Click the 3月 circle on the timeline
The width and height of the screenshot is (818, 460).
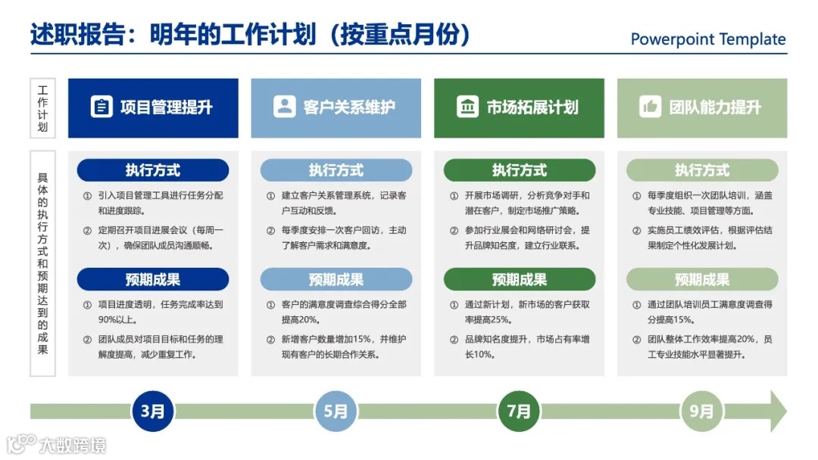[x=153, y=412]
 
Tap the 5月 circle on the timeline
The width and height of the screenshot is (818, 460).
[x=336, y=412]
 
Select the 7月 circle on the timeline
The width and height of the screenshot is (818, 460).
[x=519, y=412]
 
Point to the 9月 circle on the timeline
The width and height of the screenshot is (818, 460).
[x=701, y=412]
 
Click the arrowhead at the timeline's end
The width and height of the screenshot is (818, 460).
[x=776, y=412]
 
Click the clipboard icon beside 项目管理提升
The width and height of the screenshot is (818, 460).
[x=101, y=107]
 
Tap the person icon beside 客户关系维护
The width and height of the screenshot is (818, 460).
[x=284, y=107]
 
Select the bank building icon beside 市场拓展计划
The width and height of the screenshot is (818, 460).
[x=467, y=107]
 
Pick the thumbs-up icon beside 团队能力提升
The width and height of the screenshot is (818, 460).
[x=650, y=107]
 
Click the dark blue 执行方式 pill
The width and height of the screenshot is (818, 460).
[x=153, y=170]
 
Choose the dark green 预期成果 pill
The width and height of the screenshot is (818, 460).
[x=519, y=279]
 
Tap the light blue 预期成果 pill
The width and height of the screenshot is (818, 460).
[x=336, y=279]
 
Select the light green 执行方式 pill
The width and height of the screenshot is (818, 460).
[x=701, y=170]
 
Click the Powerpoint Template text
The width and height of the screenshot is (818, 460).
[x=708, y=39]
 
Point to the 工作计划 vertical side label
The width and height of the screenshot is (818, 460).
[x=42, y=108]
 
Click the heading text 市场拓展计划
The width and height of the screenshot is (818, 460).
[x=532, y=107]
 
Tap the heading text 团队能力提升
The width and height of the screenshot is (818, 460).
[x=715, y=107]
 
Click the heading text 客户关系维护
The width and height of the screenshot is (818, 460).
[x=349, y=107]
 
